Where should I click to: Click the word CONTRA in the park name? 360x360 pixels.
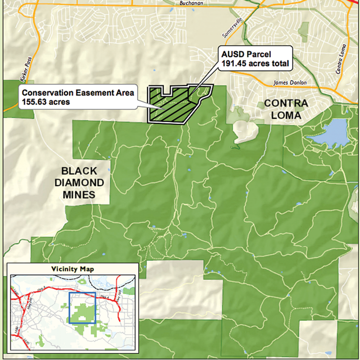coord(284,104)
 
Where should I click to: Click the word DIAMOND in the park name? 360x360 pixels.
coord(79,183)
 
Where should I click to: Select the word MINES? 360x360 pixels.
coord(79,194)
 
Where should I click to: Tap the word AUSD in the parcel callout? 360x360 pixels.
coord(231,54)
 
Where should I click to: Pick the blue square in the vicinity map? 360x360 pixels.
coord(82,308)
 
